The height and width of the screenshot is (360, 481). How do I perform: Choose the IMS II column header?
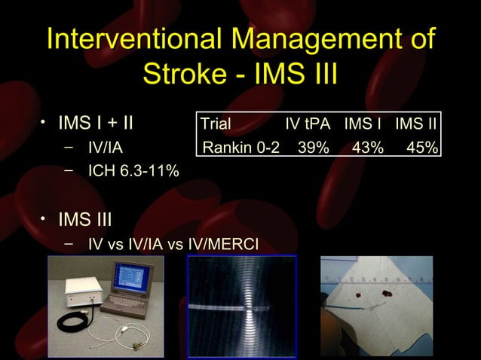click(417, 124)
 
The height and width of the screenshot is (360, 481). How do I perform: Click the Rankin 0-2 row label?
click(240, 147)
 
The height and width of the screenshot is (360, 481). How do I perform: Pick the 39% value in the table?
click(313, 147)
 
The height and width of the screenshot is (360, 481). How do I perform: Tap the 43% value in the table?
click(367, 147)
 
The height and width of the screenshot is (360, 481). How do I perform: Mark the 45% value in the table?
click(421, 147)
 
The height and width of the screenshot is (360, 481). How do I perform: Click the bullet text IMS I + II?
click(97, 124)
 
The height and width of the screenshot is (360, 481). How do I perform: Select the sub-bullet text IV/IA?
click(106, 148)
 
